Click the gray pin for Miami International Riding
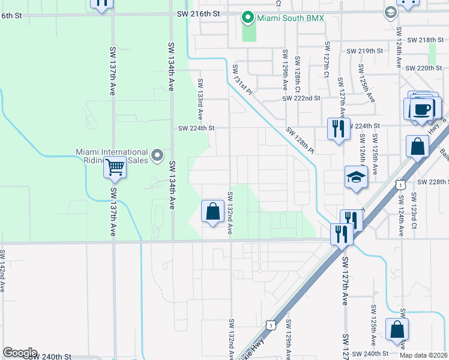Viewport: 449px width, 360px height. pyautogui.click(x=158, y=156)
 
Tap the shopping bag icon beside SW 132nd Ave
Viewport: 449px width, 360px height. pyautogui.click(x=212, y=212)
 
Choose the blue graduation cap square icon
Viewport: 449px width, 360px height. pyautogui.click(x=356, y=178)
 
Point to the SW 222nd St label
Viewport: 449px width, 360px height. pyautogui.click(x=303, y=98)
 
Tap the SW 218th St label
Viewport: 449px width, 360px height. pyautogui.click(x=424, y=40)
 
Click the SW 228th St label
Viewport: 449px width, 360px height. pyautogui.click(x=433, y=182)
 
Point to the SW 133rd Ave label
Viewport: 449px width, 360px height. pyautogui.click(x=200, y=98)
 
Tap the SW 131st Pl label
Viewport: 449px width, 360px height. pyautogui.click(x=243, y=79)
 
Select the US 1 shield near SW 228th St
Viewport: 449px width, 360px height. pyautogui.click(x=399, y=186)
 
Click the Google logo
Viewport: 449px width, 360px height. pyautogui.click(x=20, y=353)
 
